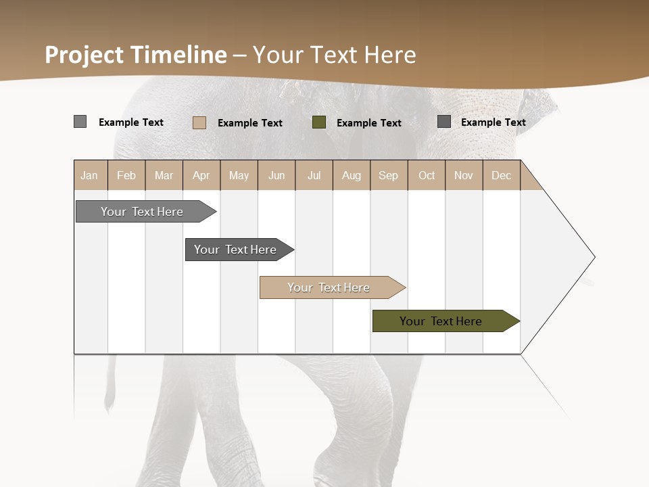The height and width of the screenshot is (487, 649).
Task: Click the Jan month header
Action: click(90, 175)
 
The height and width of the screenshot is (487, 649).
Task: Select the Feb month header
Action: click(126, 175)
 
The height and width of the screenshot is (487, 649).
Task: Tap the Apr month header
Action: click(201, 175)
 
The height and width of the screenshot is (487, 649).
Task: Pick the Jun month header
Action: click(277, 175)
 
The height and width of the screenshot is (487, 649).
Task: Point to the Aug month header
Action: click(352, 175)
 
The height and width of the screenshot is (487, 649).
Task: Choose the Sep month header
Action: click(389, 175)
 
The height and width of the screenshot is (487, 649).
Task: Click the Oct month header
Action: click(427, 175)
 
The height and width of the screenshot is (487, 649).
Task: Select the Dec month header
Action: click(502, 175)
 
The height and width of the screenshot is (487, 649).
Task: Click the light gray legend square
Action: click(80, 122)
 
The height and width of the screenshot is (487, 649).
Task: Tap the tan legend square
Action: click(199, 122)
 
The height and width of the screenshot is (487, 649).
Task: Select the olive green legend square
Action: click(319, 122)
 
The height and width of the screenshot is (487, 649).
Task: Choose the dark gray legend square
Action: click(444, 122)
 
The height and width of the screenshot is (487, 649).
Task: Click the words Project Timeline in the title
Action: click(136, 55)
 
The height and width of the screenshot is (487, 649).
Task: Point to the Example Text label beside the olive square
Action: click(369, 123)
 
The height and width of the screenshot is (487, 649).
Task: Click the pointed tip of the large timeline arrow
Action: click(592, 257)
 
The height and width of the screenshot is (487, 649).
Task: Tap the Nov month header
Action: click(464, 175)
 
